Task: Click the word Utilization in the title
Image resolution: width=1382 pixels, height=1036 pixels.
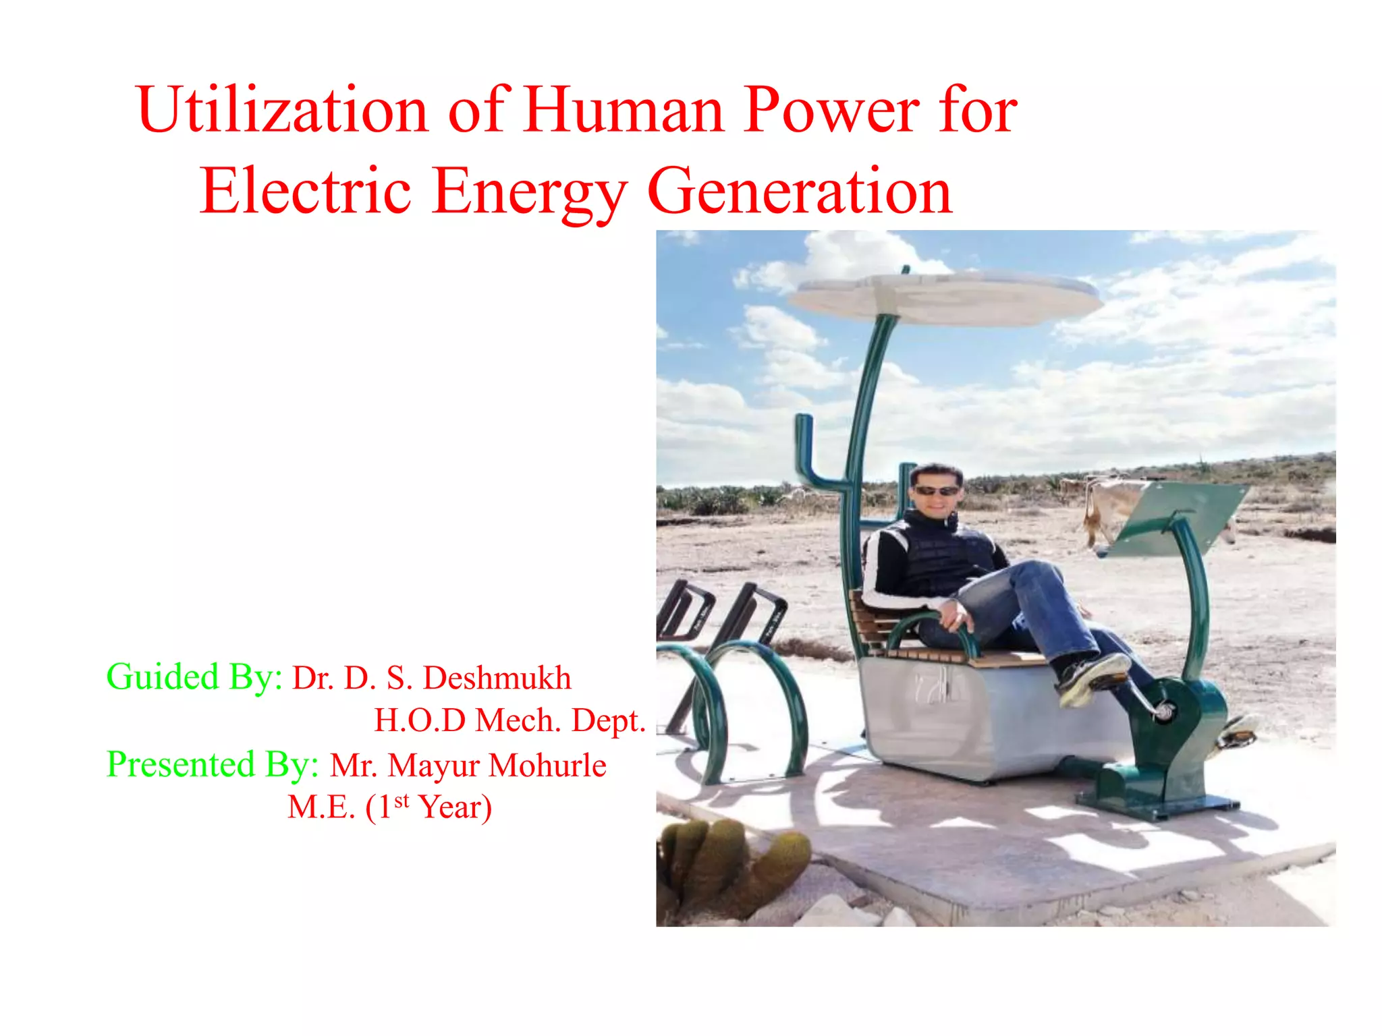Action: coord(282,109)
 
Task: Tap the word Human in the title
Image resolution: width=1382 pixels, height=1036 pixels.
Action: coord(624,109)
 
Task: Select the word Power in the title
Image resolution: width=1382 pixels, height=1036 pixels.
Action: coord(831,109)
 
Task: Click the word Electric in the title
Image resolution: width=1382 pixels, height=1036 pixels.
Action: coord(305,192)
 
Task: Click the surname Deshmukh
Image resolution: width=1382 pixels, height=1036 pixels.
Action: coord(497,678)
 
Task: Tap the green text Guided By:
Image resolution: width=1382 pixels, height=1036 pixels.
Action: coord(194,677)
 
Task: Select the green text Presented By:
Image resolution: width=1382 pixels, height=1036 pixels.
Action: coord(213,764)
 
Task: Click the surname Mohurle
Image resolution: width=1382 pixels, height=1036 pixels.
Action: coord(547,766)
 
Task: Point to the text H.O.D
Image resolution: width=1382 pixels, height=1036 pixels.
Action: coord(420,720)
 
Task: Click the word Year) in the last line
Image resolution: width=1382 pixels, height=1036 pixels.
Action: coord(455,807)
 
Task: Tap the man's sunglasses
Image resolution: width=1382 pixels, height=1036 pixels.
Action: coord(936,491)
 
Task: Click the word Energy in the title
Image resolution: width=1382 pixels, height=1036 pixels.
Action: coord(529,192)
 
